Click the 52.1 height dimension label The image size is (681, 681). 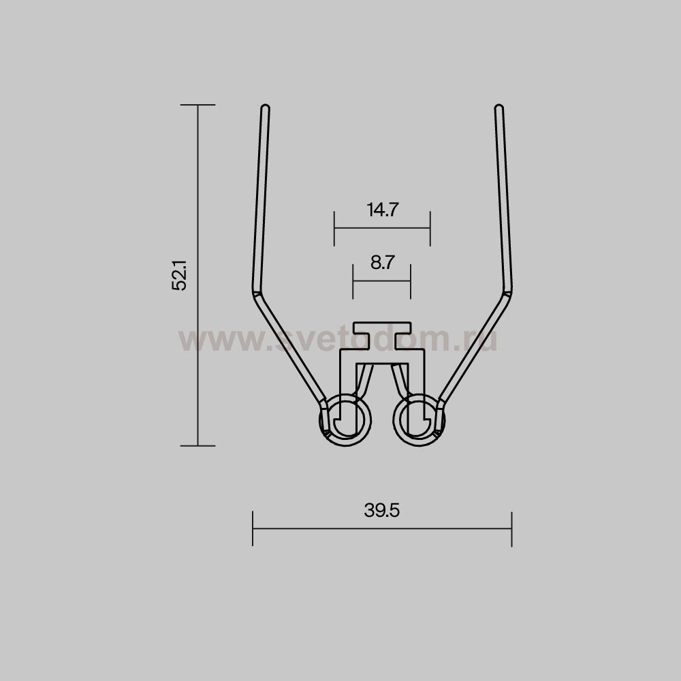[179, 275]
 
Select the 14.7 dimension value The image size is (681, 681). [383, 210]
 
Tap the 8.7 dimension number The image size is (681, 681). [383, 262]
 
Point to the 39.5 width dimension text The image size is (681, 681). [382, 510]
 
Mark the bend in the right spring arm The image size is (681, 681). [507, 293]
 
